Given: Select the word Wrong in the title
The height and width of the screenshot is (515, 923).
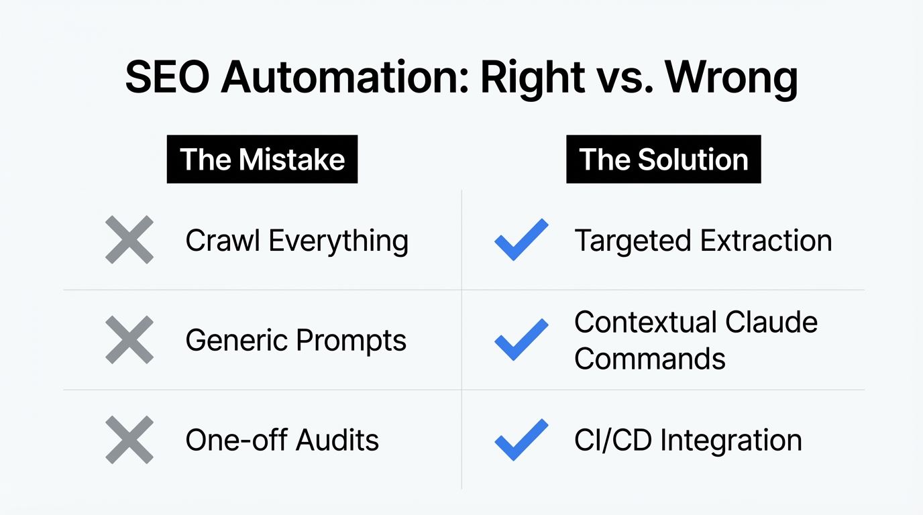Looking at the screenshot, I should (x=731, y=78).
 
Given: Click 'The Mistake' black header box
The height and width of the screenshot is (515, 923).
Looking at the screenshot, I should (x=262, y=160).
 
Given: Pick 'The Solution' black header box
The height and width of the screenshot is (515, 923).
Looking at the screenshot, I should (x=663, y=160).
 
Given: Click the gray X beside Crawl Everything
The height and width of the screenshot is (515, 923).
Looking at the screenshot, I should (x=129, y=239).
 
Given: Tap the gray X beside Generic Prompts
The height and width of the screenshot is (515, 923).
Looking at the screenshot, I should (x=129, y=340).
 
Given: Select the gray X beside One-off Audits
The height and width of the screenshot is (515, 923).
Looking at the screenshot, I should (x=129, y=440).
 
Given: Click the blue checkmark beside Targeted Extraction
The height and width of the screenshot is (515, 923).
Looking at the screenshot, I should (x=521, y=239).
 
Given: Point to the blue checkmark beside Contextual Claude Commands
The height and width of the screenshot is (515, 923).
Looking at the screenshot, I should (x=521, y=340).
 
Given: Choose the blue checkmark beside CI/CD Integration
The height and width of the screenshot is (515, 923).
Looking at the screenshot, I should (x=521, y=440).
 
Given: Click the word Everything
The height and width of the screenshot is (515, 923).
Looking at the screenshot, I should (x=339, y=241).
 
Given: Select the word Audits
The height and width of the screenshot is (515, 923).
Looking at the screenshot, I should (x=337, y=441).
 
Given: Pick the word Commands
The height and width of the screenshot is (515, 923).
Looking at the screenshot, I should (x=649, y=359).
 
